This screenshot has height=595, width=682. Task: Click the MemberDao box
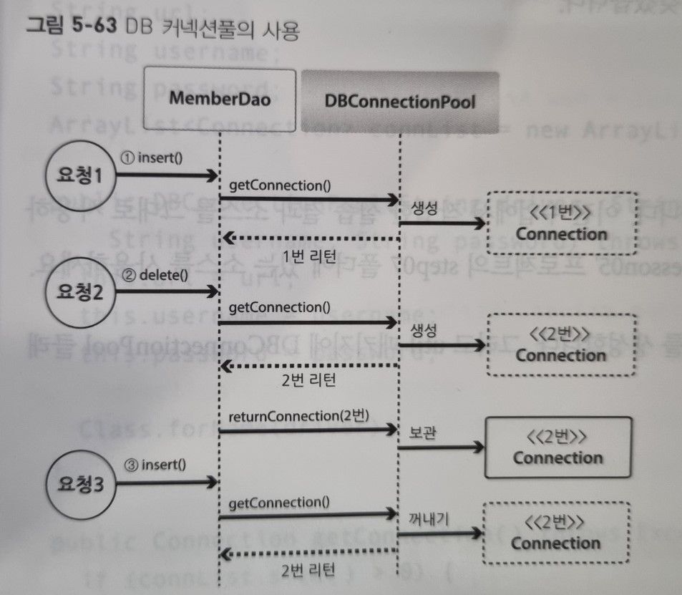pyautogui.click(x=220, y=99)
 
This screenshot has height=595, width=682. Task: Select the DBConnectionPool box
pyautogui.click(x=399, y=100)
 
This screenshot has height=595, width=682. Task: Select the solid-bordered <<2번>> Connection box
pyautogui.click(x=558, y=448)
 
